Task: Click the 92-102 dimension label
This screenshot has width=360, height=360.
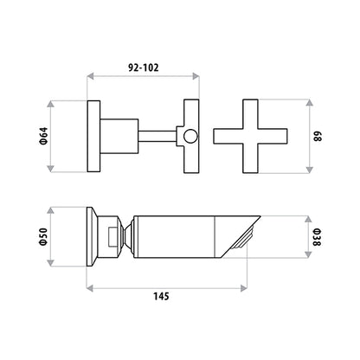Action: coord(144,67)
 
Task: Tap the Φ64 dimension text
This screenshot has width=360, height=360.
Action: coord(43,136)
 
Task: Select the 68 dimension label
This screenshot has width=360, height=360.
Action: coord(317,136)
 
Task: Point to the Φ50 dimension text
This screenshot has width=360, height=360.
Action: coord(43,236)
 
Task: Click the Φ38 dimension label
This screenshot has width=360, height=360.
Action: coord(317,237)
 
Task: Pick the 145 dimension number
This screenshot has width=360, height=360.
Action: coord(161,296)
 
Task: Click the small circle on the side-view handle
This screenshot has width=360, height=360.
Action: coord(190,136)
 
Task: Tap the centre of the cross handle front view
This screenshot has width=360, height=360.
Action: coord(250,136)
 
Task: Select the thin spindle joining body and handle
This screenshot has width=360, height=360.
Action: coord(157,136)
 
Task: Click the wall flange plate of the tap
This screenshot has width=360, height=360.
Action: coord(93,136)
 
